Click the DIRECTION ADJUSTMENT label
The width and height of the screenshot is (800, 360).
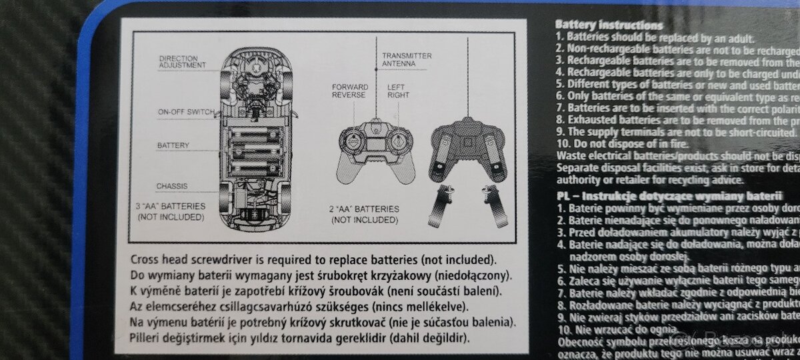click(x=181, y=62)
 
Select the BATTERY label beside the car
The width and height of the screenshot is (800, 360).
click(x=173, y=145)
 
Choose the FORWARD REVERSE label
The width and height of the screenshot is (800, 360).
click(x=349, y=91)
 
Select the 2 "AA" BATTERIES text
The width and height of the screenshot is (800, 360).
click(x=365, y=213)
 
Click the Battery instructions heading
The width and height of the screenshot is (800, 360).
click(x=609, y=25)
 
